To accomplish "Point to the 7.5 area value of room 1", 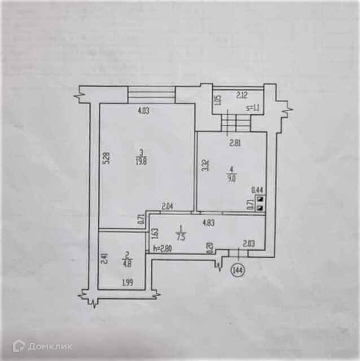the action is [179, 237].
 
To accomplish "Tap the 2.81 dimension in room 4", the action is [234, 143].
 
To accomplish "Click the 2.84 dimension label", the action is [168, 206].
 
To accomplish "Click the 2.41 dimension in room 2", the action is [103, 258].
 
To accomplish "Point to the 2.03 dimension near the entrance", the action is [249, 243].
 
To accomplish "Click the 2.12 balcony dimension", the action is [243, 95].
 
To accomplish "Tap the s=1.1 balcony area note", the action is [252, 108].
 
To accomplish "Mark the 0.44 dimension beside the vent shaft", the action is [257, 190].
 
